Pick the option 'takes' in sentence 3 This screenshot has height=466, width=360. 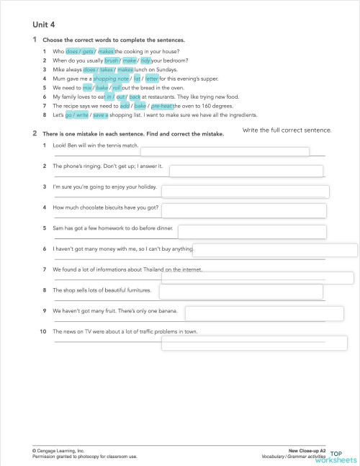click(x=107, y=70)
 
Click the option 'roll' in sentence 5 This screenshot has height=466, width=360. click(x=117, y=88)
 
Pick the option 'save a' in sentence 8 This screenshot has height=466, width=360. click(x=101, y=114)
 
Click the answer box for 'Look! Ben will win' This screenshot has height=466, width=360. click(x=224, y=151)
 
